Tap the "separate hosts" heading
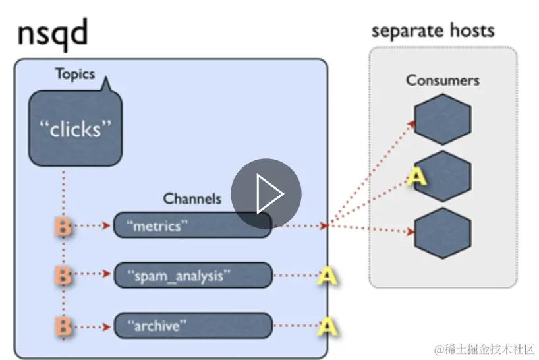(x=433, y=30)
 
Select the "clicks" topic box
(x=76, y=129)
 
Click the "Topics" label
(x=75, y=74)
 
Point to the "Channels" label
(x=192, y=198)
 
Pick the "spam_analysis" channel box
(x=192, y=276)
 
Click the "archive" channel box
(x=192, y=325)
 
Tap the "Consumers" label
(x=442, y=80)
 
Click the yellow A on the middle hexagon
(x=416, y=177)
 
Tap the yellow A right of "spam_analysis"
(x=327, y=276)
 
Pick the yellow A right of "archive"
(x=327, y=326)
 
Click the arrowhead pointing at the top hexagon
(x=411, y=123)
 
